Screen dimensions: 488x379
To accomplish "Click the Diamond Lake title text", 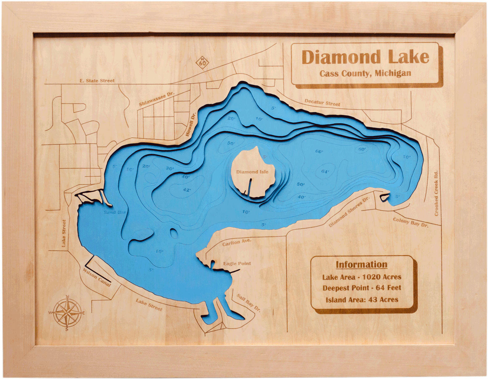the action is pyautogui.click(x=365, y=57).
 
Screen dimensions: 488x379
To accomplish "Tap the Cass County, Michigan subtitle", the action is pyautogui.click(x=365, y=73).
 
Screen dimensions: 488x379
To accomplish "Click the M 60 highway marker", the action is pyautogui.click(x=202, y=62).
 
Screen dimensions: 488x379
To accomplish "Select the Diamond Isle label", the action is pyautogui.click(x=252, y=172).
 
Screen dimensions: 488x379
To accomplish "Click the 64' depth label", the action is pyautogui.click(x=325, y=172).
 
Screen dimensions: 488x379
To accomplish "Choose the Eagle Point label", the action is pyautogui.click(x=237, y=264).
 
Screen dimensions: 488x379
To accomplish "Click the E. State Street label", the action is pyautogui.click(x=97, y=81).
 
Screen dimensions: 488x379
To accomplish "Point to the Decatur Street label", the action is pyautogui.click(x=322, y=103).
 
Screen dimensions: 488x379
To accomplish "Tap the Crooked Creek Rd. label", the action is pyautogui.click(x=436, y=193).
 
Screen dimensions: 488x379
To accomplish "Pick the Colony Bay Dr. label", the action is pyautogui.click(x=411, y=222).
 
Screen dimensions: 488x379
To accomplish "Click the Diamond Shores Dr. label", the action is pyautogui.click(x=349, y=212).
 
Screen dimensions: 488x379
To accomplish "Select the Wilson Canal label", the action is pyautogui.click(x=97, y=277).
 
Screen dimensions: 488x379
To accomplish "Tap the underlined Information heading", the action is pyautogui.click(x=361, y=265).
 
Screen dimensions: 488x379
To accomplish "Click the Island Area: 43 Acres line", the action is pyautogui.click(x=362, y=300).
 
